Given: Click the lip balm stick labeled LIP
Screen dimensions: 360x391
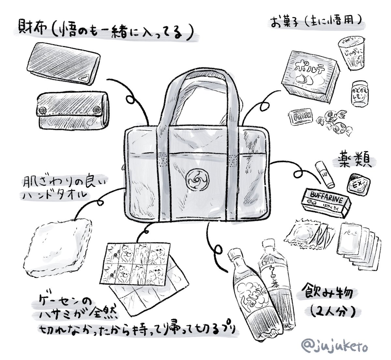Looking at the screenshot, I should point(325,175).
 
